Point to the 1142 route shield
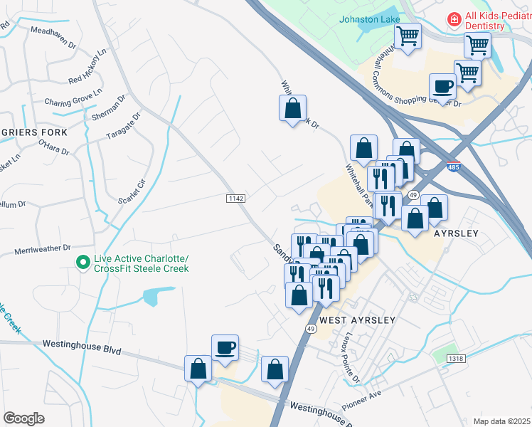(x=236, y=197)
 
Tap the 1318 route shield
(x=457, y=359)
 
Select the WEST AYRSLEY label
(x=357, y=320)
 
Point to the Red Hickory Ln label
(x=87, y=65)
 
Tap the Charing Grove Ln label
(x=74, y=97)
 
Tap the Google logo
(x=24, y=418)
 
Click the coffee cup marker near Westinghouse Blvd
(x=225, y=348)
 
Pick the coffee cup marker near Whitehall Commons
(x=442, y=87)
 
